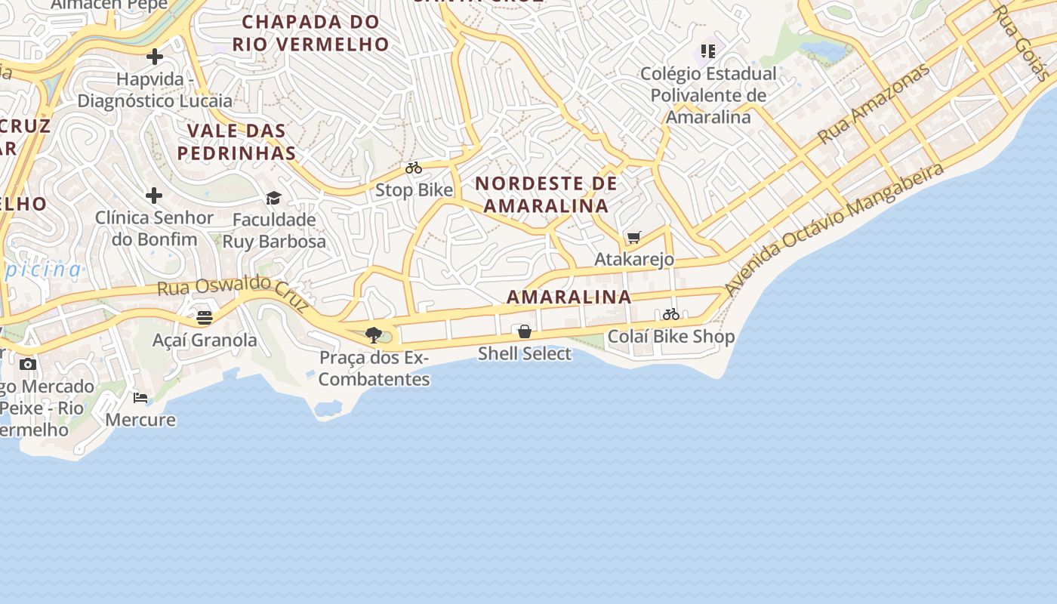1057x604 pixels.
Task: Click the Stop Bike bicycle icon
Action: point(414,168)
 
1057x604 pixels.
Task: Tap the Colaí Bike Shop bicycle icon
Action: point(671,314)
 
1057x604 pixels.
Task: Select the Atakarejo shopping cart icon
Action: point(634,238)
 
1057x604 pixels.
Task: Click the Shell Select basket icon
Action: point(525,331)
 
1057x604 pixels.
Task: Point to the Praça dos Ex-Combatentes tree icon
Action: point(373,335)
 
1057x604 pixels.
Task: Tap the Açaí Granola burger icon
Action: point(205,318)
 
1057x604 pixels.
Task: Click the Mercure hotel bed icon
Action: point(140,398)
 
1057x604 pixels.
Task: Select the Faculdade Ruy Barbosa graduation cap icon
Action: point(273,198)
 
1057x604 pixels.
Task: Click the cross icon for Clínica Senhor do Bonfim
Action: point(154,196)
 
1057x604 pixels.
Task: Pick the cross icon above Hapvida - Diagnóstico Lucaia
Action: point(155,57)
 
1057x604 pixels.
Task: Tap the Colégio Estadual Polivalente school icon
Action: point(707,51)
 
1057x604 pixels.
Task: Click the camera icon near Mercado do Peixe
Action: point(28,364)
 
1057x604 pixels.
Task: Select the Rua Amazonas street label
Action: point(874,104)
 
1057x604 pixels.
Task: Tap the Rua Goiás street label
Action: point(1021,43)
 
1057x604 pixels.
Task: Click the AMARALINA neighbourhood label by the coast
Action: point(569,297)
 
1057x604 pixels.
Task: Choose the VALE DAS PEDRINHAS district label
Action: point(236,142)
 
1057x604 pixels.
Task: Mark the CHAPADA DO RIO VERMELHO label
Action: point(310,33)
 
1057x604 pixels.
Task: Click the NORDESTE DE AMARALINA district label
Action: point(546,194)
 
